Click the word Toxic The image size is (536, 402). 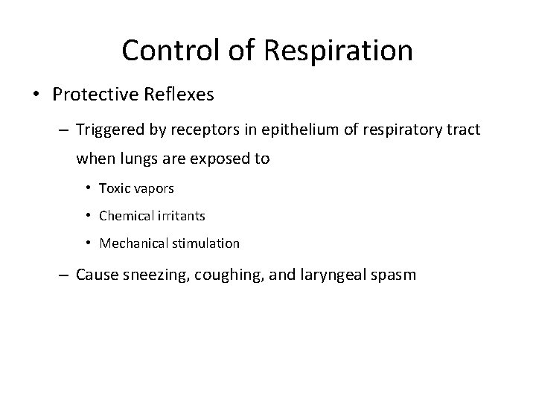(x=114, y=189)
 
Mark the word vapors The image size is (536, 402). (x=153, y=189)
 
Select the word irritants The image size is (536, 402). (x=182, y=216)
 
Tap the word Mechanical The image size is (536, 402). (x=133, y=243)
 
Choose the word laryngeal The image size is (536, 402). (x=334, y=274)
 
